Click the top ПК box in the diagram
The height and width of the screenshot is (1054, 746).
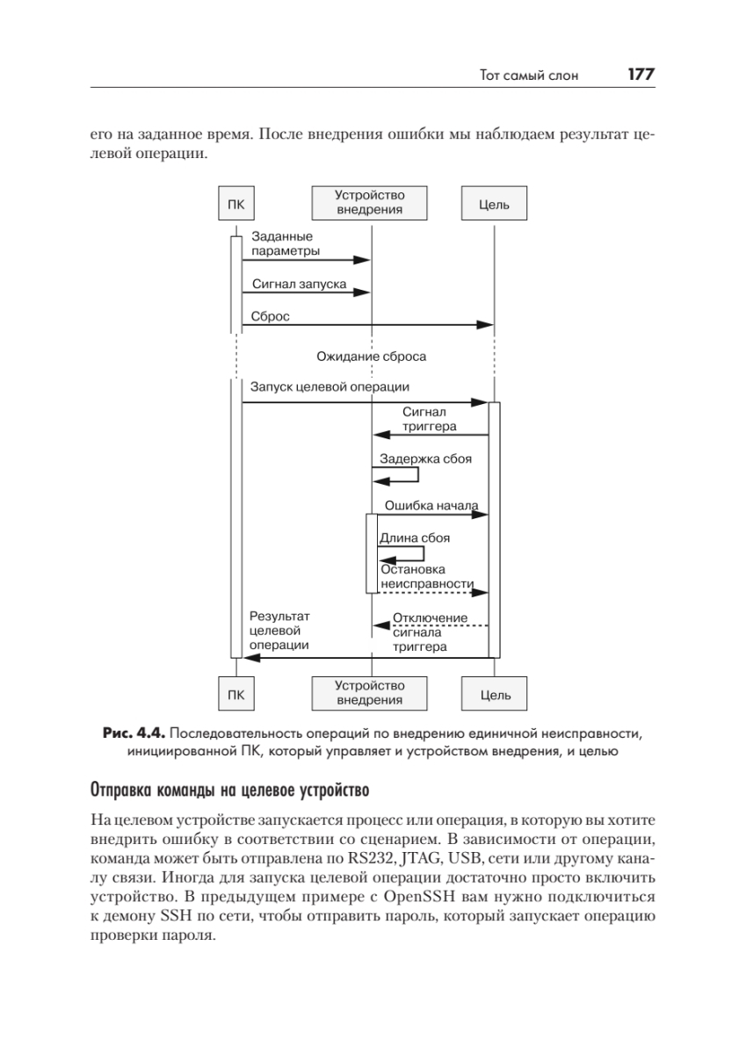(235, 205)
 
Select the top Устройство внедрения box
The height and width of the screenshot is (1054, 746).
(369, 203)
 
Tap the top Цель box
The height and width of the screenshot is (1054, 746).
(494, 205)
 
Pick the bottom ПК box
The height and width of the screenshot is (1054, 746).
(235, 694)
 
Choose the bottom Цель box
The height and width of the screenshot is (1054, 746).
(494, 694)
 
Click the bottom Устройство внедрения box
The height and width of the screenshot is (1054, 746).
(369, 692)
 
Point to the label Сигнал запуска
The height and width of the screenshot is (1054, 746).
(299, 285)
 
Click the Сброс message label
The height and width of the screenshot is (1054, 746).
(271, 315)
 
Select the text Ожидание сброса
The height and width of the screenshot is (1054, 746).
(372, 357)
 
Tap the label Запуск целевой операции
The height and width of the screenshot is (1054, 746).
(330, 386)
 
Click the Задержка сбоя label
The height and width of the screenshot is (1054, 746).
(424, 458)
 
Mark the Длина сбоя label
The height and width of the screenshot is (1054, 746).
(414, 538)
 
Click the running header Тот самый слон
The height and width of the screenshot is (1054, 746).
(529, 76)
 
